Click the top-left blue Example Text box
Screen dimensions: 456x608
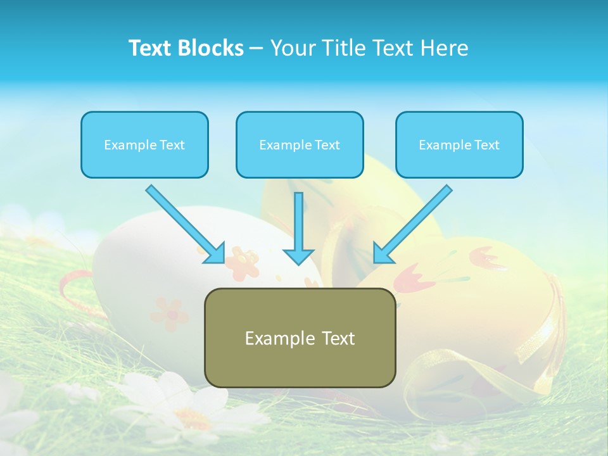pos(144,144)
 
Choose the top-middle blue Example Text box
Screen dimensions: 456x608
pos(300,144)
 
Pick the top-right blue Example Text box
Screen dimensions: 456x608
pos(459,144)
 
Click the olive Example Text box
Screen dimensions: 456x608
pos(300,338)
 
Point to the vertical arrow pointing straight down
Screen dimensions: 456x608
pos(298,225)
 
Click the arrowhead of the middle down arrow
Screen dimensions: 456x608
pos(298,255)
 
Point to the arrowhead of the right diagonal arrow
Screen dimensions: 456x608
pos(383,253)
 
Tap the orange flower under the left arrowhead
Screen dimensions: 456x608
pos(243,262)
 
